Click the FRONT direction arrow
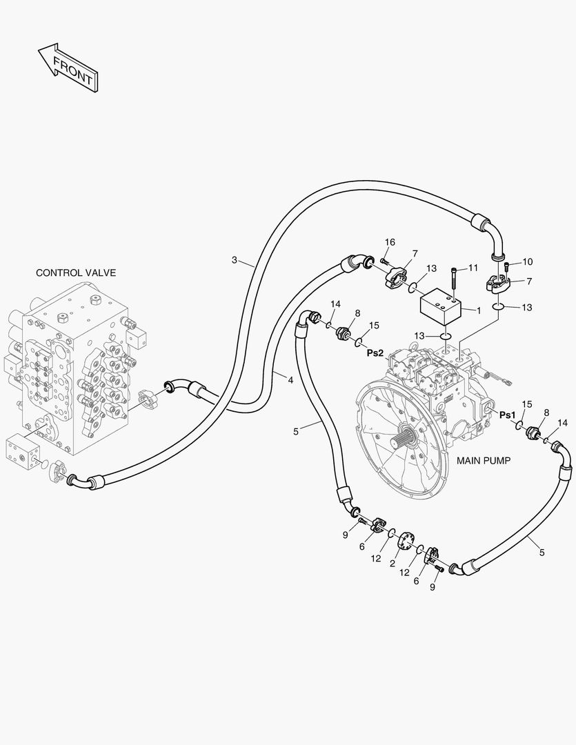(67, 68)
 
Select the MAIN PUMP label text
(483, 460)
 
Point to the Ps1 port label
(507, 415)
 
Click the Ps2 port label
(375, 352)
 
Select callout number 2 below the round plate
(392, 564)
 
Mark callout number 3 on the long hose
(234, 260)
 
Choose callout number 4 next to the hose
(290, 380)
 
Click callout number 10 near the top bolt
(527, 261)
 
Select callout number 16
(390, 242)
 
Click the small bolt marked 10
(507, 267)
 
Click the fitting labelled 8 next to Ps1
(533, 434)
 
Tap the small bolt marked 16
(384, 261)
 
